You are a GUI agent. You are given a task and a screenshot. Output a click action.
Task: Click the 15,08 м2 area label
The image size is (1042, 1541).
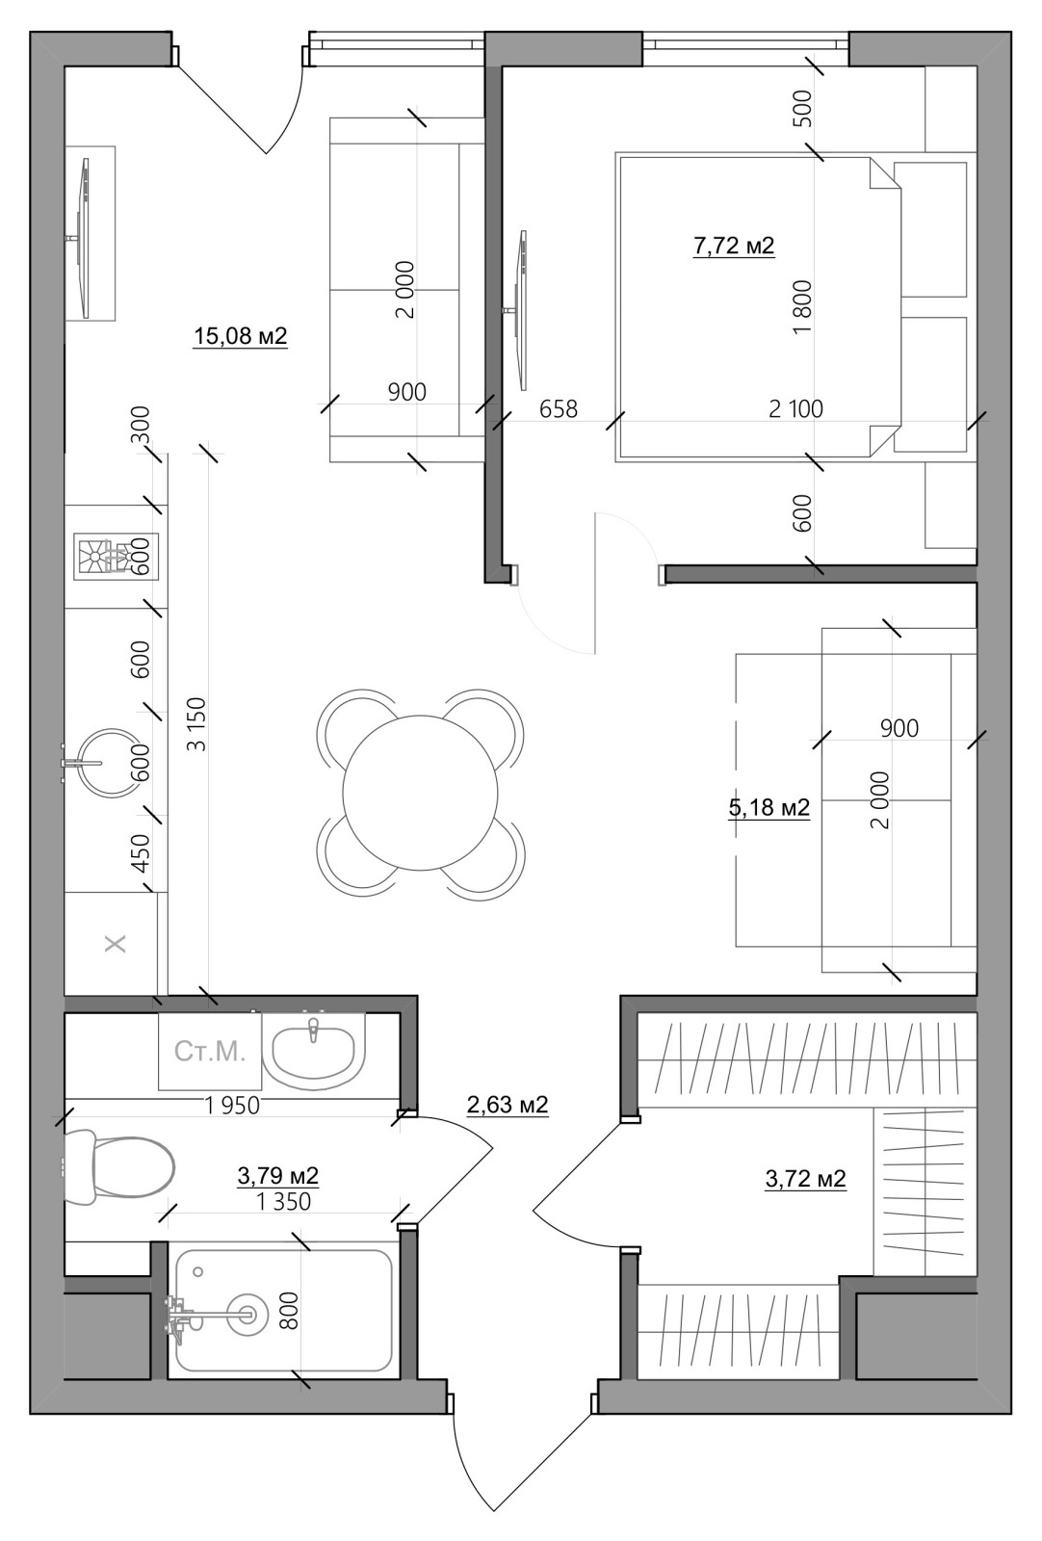point(240,336)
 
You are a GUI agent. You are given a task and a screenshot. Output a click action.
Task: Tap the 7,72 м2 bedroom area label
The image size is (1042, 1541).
point(734,245)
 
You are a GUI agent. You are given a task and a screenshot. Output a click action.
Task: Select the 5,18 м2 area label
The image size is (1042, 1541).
point(768,807)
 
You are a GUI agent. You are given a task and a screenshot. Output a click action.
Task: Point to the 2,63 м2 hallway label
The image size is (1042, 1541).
point(508,1104)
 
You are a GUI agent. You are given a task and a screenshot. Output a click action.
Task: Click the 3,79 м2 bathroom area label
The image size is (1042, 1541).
point(278,1176)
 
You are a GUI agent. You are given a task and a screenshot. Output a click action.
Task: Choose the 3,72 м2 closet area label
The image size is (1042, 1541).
point(805,1179)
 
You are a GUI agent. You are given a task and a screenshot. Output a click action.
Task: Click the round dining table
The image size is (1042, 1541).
point(420,792)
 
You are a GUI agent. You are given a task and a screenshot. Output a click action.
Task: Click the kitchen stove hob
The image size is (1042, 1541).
point(117,558)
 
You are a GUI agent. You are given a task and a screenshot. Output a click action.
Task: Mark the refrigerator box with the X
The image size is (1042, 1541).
point(116,943)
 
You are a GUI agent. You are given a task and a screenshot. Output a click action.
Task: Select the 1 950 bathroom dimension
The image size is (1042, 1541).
point(232,1106)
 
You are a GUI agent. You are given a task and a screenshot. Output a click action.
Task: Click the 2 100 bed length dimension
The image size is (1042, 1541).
point(795,408)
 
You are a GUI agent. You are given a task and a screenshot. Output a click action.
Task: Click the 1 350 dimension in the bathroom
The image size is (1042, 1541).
point(283,1201)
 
